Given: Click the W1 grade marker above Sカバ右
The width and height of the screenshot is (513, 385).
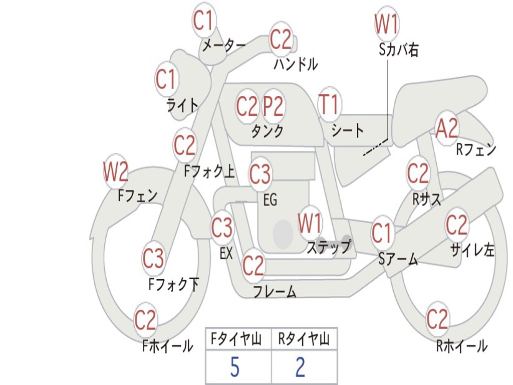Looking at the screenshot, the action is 386,24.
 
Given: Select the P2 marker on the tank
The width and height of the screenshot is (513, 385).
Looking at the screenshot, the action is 274,106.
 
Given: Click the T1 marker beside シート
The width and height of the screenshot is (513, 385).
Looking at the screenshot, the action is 329,105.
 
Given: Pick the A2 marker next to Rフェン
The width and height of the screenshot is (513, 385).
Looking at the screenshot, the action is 446,129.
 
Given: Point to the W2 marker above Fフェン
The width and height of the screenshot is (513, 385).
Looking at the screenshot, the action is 116,172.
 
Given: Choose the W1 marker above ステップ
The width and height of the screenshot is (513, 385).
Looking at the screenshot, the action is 310,224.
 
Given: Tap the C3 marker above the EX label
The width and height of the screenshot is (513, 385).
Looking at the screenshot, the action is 222,228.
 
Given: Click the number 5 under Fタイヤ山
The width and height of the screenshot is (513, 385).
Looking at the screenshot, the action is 234,367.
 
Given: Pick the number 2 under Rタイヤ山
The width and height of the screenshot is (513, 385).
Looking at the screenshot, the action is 300,367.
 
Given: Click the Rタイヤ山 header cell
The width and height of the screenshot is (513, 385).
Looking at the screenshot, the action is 304,340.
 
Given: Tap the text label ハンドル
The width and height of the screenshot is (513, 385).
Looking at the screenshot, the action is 296,64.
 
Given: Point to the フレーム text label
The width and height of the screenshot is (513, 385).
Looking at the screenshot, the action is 275,291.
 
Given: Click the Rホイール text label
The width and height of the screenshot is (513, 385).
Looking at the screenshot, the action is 461,345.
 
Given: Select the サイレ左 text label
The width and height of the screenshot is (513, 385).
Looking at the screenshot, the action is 472,250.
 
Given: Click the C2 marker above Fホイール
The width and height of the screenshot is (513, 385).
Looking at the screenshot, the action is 146,320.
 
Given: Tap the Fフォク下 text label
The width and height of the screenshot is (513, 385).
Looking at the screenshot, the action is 174,285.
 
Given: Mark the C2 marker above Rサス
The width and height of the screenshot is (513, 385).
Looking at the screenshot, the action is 418,173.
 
